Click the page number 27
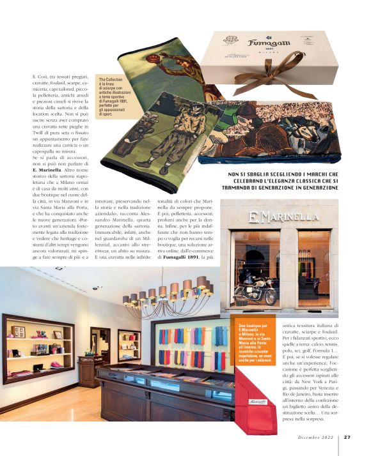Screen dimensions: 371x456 coord(347,437)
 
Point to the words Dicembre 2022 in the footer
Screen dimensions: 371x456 coord(317,437)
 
